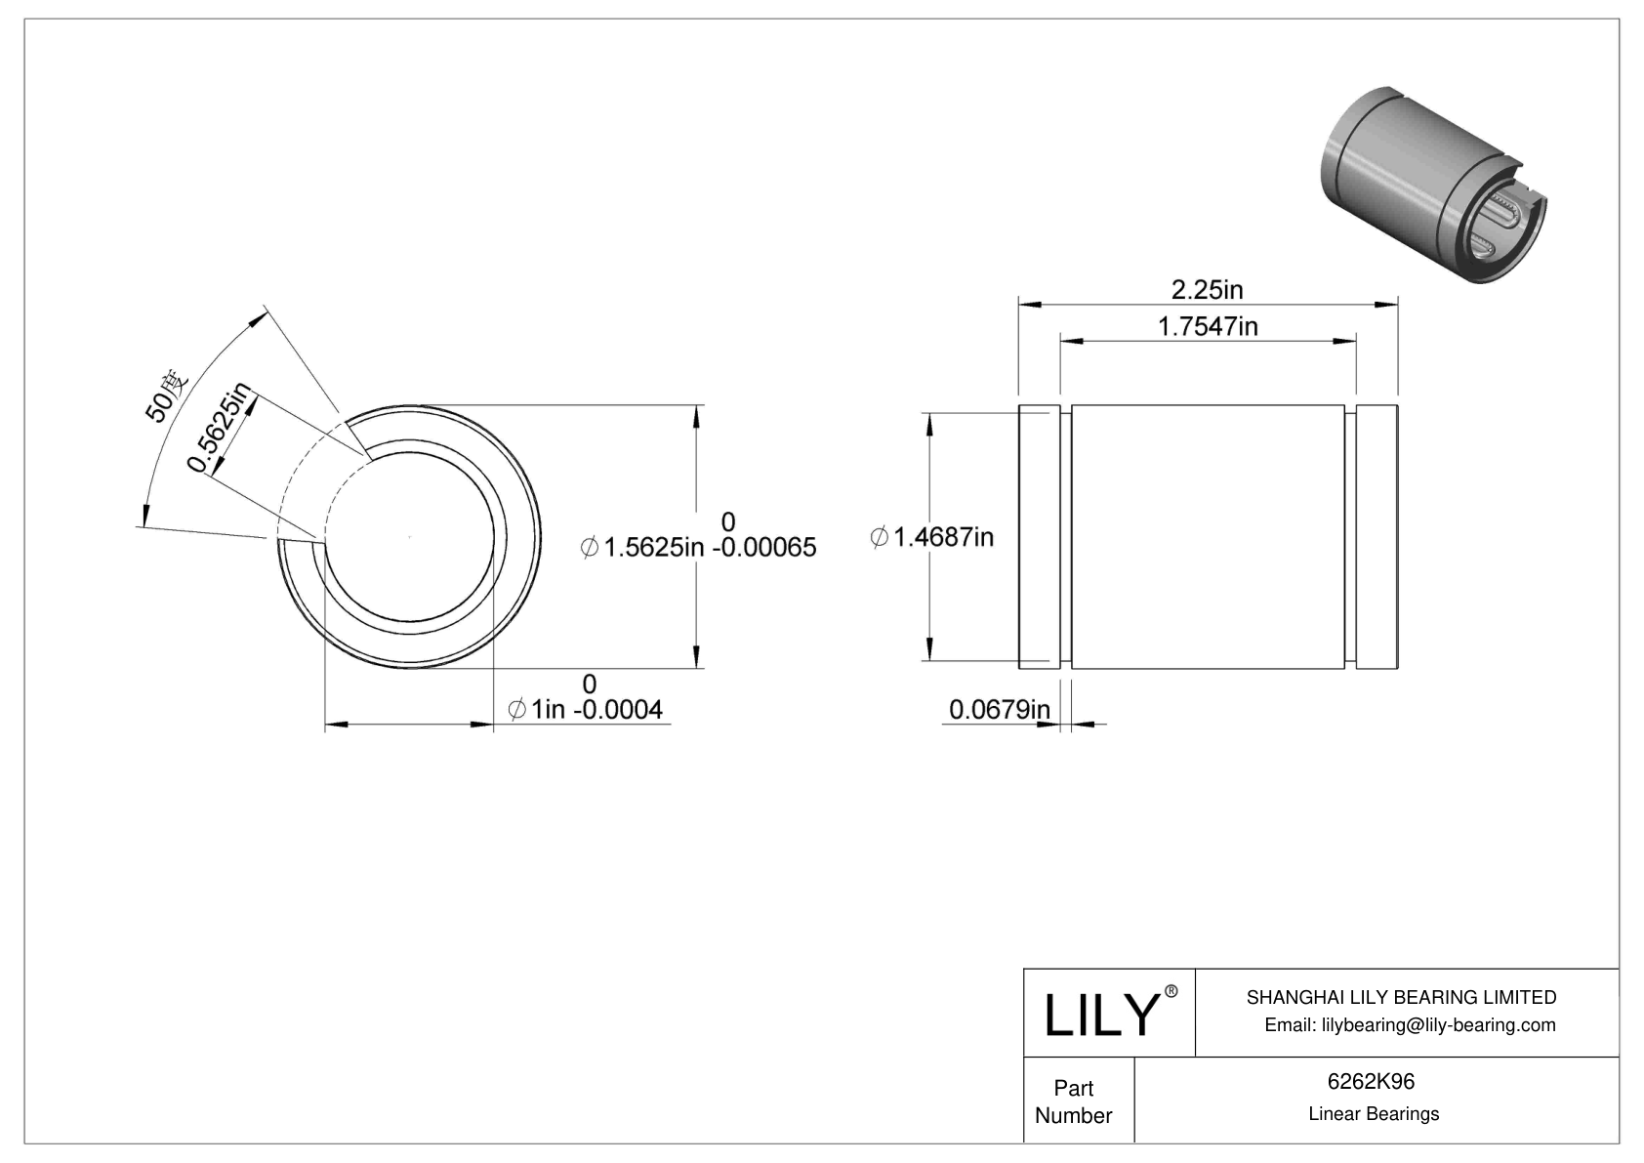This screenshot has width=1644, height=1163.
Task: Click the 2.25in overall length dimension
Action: (1207, 290)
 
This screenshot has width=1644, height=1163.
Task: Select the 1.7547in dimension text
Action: (1207, 326)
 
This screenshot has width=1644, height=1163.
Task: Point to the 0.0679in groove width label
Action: (999, 710)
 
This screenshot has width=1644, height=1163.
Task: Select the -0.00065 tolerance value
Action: (764, 548)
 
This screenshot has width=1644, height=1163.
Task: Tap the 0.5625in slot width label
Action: (220, 428)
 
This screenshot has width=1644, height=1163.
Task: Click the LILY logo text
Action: (1100, 1016)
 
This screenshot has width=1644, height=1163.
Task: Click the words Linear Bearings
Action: (1373, 1114)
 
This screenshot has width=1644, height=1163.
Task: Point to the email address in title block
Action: (1410, 1024)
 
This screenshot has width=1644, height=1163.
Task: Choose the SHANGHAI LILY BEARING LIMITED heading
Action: (1401, 997)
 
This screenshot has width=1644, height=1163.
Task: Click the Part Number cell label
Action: (1073, 1101)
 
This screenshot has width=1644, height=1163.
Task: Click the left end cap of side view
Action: (1039, 537)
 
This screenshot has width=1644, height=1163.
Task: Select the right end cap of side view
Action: (1377, 537)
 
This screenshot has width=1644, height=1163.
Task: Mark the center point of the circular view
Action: (410, 537)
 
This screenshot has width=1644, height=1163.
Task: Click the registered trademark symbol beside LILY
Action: (1171, 991)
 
